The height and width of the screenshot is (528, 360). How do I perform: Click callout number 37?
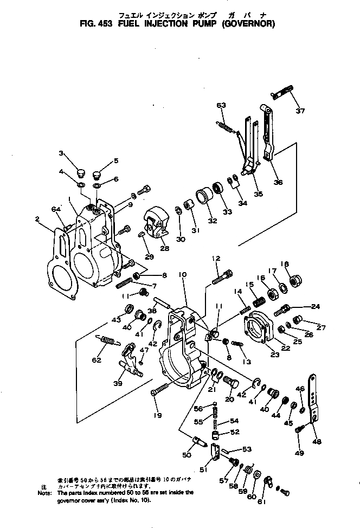[300, 111]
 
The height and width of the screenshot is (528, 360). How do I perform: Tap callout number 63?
[221, 105]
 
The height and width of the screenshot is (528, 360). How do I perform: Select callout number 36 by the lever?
[278, 182]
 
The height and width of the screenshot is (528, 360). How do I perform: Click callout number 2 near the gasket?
[37, 219]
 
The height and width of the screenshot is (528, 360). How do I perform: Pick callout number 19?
[157, 415]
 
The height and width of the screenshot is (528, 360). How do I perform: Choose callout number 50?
[187, 455]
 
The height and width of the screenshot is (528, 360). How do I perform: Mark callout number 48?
[317, 441]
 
